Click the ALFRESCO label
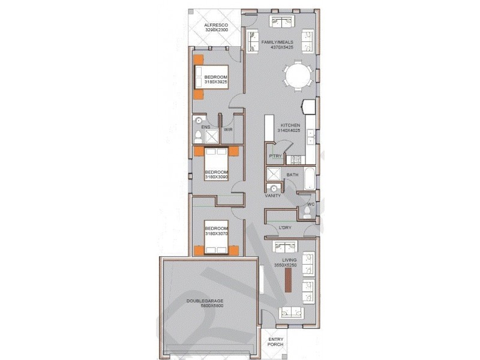215,24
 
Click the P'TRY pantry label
275,156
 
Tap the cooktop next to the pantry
295,160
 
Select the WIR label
228,129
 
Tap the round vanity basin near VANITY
273,188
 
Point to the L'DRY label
286,227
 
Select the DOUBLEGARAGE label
205,301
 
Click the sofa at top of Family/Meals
280,22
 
